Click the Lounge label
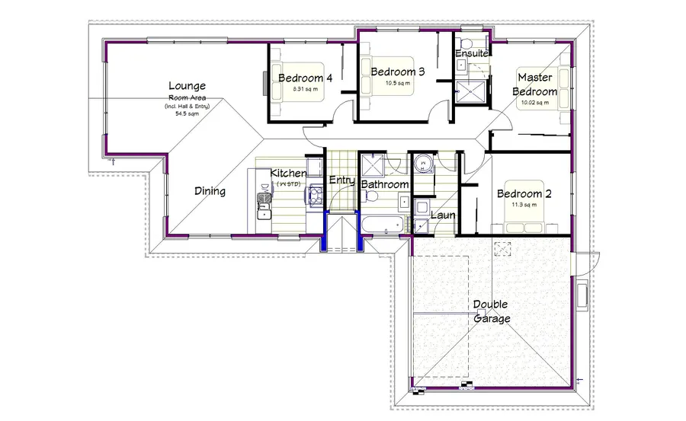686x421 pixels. coord(188,86)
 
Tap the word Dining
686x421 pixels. coord(210,191)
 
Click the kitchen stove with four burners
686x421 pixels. coord(313,197)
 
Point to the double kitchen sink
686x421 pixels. coord(264,200)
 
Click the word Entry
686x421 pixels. coord(341,180)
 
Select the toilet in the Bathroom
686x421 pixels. coord(371,196)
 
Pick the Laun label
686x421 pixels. coord(443,215)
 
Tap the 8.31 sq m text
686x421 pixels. coord(305,89)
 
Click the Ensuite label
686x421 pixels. coord(472,53)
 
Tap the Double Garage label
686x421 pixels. coord(491,311)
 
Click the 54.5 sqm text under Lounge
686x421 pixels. coord(186,113)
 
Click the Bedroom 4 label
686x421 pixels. coord(305,78)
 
